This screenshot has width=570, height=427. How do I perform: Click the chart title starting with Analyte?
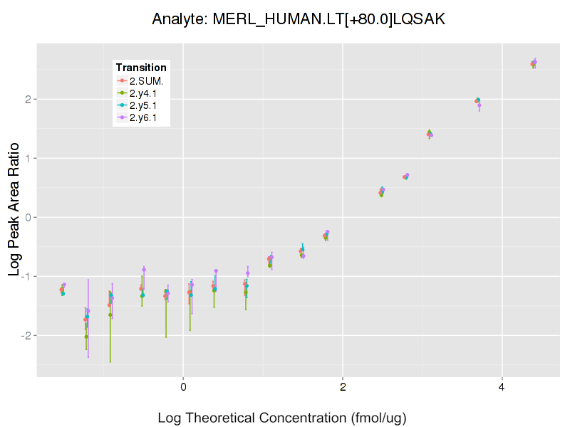[x=299, y=19]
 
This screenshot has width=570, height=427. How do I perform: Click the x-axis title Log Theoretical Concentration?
[x=281, y=418]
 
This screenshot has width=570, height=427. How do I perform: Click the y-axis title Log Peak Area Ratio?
[x=14, y=217]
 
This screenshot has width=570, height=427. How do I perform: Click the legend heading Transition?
[x=141, y=68]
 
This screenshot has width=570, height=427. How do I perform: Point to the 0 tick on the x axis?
[x=183, y=387]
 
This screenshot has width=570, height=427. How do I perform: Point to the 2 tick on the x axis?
[x=343, y=387]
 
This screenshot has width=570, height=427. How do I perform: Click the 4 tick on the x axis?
[x=502, y=387]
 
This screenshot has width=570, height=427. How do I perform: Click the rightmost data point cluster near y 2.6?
[x=534, y=63]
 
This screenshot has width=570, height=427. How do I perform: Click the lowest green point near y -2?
[x=86, y=337]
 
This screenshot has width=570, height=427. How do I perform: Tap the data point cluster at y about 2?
[x=477, y=101]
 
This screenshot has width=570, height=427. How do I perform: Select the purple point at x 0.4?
[x=216, y=271]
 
